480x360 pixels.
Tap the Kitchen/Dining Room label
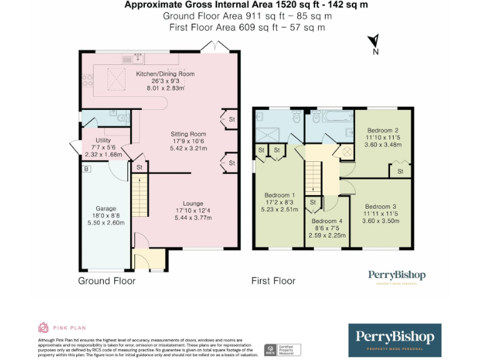click(165, 74)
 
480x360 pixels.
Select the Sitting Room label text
click(188, 134)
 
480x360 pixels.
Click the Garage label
click(106, 209)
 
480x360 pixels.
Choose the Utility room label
click(103, 140)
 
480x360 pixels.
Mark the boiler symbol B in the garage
click(86, 168)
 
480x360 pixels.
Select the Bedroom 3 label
click(381, 207)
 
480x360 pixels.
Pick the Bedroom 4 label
click(327, 221)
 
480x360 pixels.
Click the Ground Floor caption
click(106, 281)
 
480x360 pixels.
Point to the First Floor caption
click(273, 281)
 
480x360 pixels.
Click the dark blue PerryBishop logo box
click(394, 339)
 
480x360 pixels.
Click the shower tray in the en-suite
click(271, 135)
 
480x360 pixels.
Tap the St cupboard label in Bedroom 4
click(312, 202)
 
